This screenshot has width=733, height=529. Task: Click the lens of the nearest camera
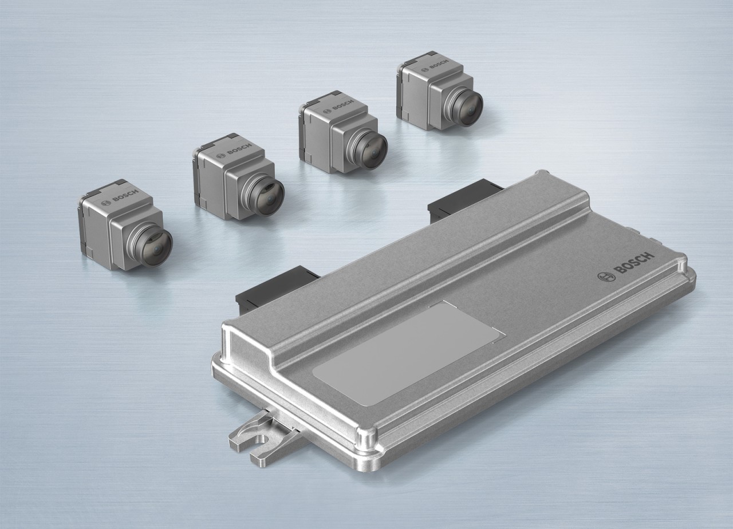pyautogui.click(x=156, y=247)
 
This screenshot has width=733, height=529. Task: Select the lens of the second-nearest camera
pyautogui.click(x=268, y=196)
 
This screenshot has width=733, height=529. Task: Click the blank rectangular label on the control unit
pyautogui.click(x=408, y=353)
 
